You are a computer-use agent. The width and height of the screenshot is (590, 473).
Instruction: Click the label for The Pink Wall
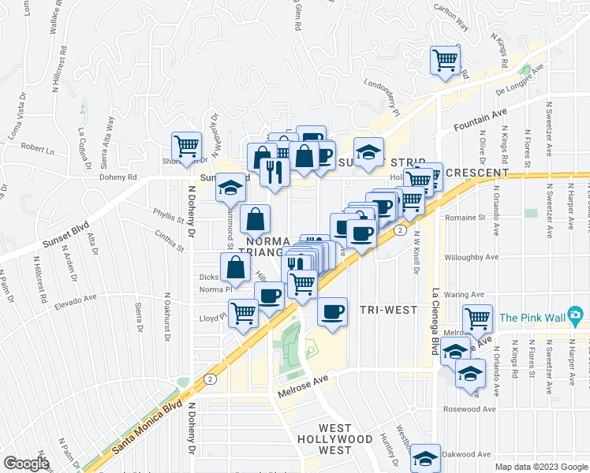(x=532, y=318)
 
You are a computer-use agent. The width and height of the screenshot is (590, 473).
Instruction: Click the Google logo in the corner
(x=26, y=464)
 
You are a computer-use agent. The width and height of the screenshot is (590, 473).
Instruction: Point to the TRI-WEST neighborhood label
(x=387, y=310)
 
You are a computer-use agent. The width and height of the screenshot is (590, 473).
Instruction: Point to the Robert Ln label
(x=37, y=147)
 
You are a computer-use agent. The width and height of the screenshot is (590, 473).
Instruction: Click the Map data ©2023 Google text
(x=540, y=467)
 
